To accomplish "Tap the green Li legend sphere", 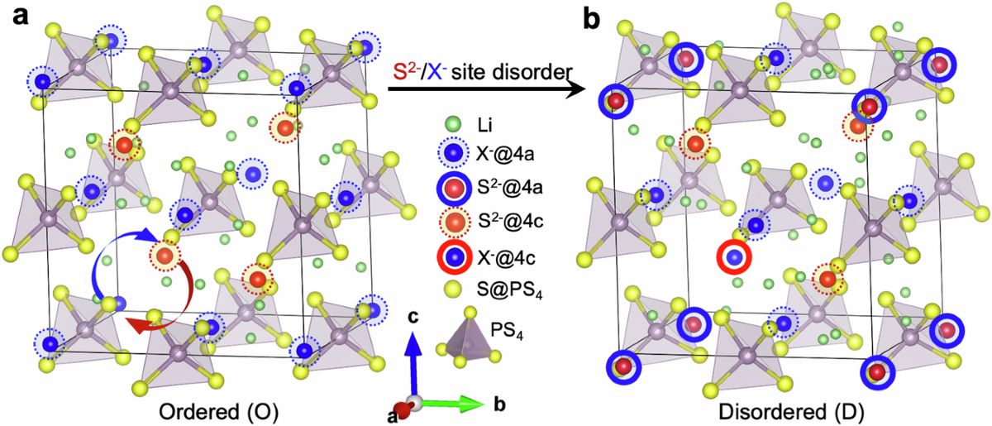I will pos(451,125).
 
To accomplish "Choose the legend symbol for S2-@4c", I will pos(451,224).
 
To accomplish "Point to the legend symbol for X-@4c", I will pos(451,257).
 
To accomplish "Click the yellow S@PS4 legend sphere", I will pos(451,289).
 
